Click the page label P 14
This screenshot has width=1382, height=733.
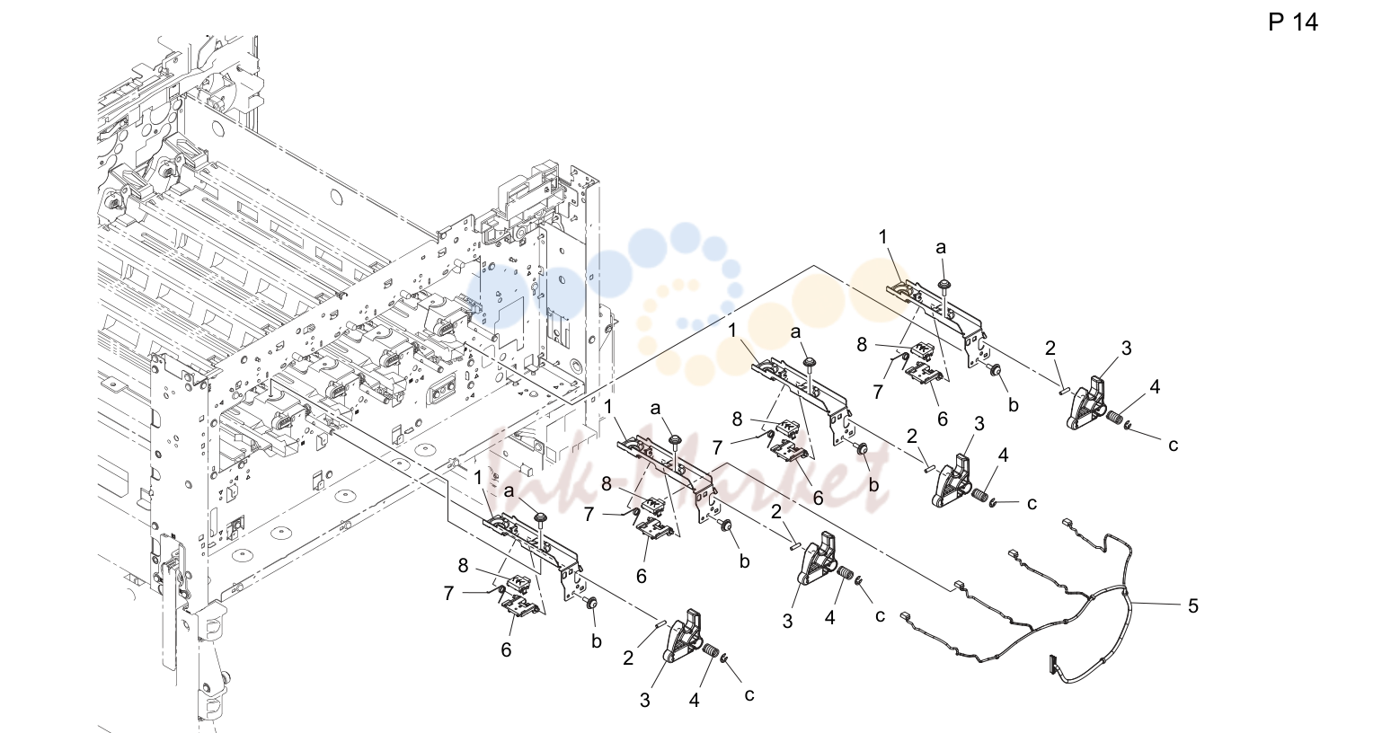point(1292,22)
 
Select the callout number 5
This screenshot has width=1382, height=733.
point(1193,606)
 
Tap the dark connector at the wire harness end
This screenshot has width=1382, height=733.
point(1051,664)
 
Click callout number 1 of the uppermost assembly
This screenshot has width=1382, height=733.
point(883,237)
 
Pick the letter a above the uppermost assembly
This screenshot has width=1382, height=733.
point(940,248)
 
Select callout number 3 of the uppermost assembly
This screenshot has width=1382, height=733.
point(1127,348)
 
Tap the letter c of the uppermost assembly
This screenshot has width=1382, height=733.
point(1173,445)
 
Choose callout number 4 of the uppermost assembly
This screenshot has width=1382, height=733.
point(1155,387)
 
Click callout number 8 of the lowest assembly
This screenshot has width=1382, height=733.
point(464,565)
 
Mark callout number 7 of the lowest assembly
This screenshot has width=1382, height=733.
point(448,594)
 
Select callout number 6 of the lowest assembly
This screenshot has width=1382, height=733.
point(506,649)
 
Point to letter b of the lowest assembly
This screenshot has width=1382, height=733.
point(596,641)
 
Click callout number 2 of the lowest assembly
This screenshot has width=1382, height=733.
point(628,658)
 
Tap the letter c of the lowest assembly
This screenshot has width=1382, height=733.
point(749,695)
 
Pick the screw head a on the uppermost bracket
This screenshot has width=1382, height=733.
point(943,284)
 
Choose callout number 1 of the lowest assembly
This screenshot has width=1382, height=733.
point(478,478)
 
